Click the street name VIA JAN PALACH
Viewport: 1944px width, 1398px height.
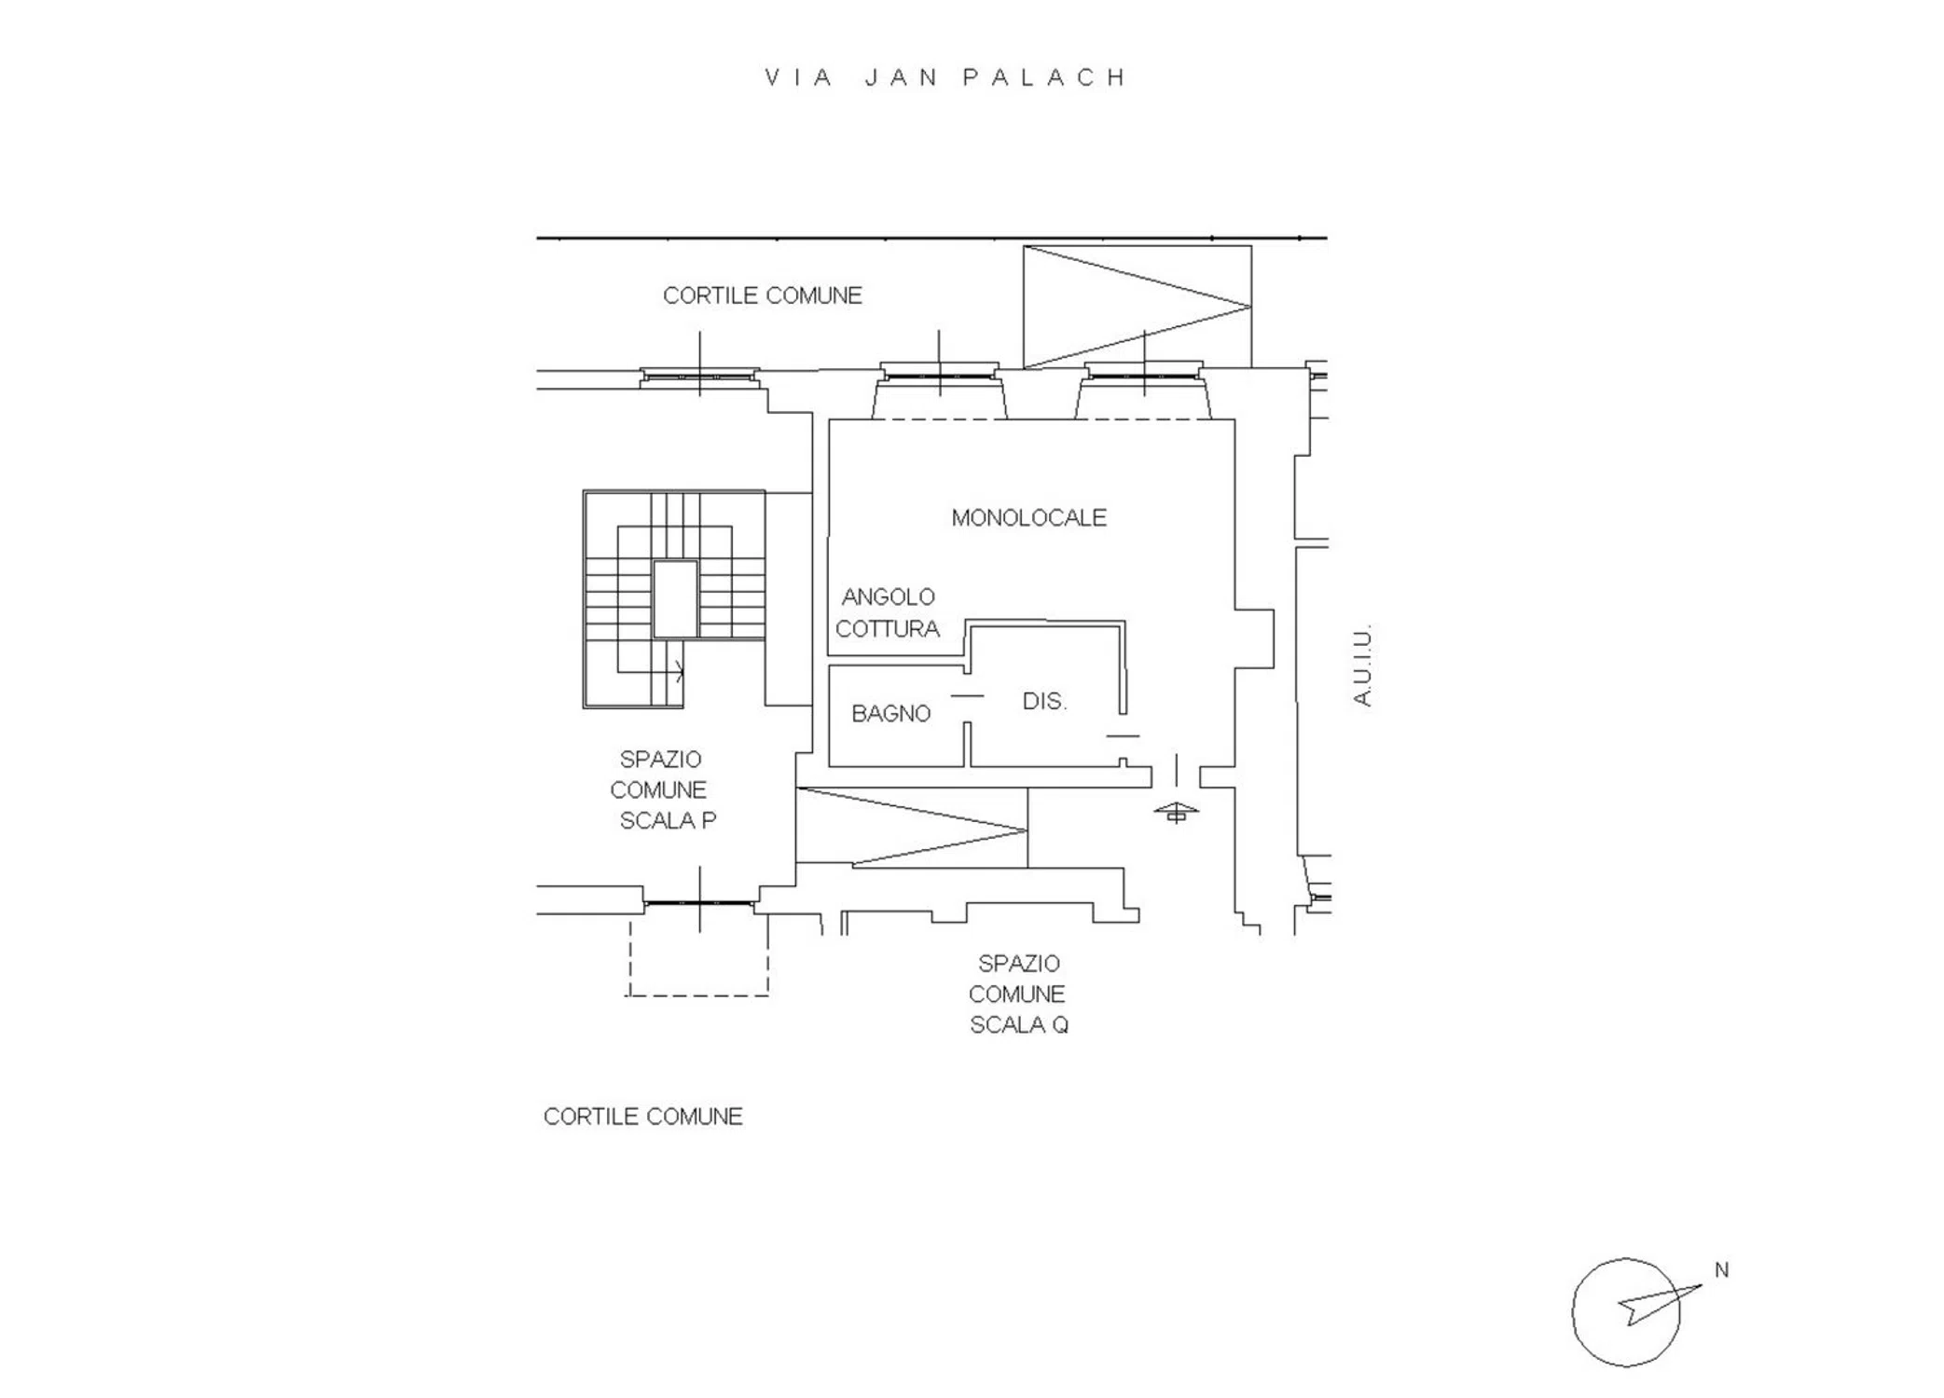point(945,77)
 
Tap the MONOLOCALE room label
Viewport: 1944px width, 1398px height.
point(1028,518)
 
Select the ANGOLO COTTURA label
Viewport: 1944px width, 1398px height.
point(888,613)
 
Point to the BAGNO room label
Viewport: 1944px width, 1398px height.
point(890,714)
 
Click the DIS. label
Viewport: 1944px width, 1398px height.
point(1044,702)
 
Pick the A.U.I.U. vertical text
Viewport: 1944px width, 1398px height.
point(1362,665)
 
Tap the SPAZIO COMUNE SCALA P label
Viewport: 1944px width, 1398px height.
point(662,790)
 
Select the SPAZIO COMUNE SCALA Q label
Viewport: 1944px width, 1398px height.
point(1018,994)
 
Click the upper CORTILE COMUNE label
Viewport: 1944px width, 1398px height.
point(762,295)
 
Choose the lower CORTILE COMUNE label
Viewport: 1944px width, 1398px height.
point(642,1117)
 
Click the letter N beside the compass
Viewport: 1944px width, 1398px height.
point(1721,1270)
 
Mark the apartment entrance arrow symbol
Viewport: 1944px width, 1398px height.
point(1176,812)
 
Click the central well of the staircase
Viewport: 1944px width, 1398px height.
point(675,599)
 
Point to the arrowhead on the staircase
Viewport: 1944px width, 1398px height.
point(681,671)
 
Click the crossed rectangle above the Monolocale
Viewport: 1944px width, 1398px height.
point(1137,307)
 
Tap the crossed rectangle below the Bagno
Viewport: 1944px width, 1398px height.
point(912,828)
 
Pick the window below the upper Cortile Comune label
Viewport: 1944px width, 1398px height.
point(699,377)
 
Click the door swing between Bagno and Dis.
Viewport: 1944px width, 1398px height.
point(967,696)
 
